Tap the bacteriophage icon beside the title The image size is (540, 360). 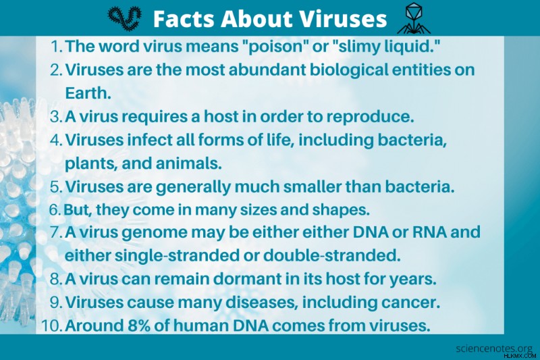[413, 19]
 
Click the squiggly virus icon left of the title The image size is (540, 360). [124, 19]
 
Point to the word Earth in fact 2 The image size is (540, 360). [88, 93]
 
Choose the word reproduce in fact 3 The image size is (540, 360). [370, 117]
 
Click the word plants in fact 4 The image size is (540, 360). [91, 164]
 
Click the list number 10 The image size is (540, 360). [52, 326]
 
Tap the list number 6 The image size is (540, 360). [55, 210]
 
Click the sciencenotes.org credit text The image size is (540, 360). [494, 349]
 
